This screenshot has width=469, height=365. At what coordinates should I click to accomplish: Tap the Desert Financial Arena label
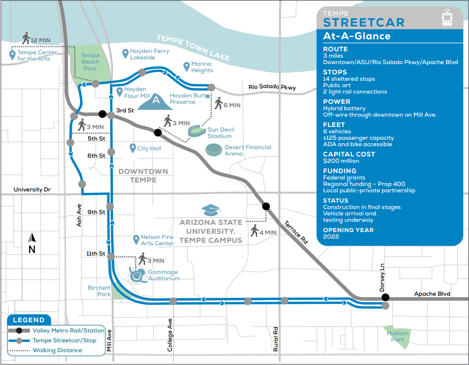(248, 150)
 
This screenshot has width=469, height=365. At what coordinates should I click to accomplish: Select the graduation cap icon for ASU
(211, 210)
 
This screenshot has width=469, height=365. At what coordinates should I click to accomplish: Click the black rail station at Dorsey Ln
(385, 297)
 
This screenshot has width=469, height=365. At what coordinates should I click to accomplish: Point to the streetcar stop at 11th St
(111, 256)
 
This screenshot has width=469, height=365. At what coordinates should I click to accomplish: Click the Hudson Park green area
(398, 336)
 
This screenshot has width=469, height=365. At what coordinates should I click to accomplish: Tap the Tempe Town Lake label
(193, 47)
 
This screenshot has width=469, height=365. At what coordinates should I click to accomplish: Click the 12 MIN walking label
(41, 40)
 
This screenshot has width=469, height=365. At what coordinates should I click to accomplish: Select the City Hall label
(149, 149)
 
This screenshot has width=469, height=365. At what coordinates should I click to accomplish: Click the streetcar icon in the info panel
(447, 18)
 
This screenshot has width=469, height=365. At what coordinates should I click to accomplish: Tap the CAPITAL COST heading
(349, 154)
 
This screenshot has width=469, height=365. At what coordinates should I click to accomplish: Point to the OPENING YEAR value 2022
(331, 236)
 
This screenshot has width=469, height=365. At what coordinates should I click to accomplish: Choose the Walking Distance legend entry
(57, 350)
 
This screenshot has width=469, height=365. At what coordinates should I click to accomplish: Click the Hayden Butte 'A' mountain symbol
(156, 100)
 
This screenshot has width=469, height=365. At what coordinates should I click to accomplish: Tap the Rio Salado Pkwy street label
(272, 87)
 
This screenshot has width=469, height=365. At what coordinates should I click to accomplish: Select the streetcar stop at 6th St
(111, 152)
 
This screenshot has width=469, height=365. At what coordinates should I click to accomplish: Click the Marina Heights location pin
(186, 66)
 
